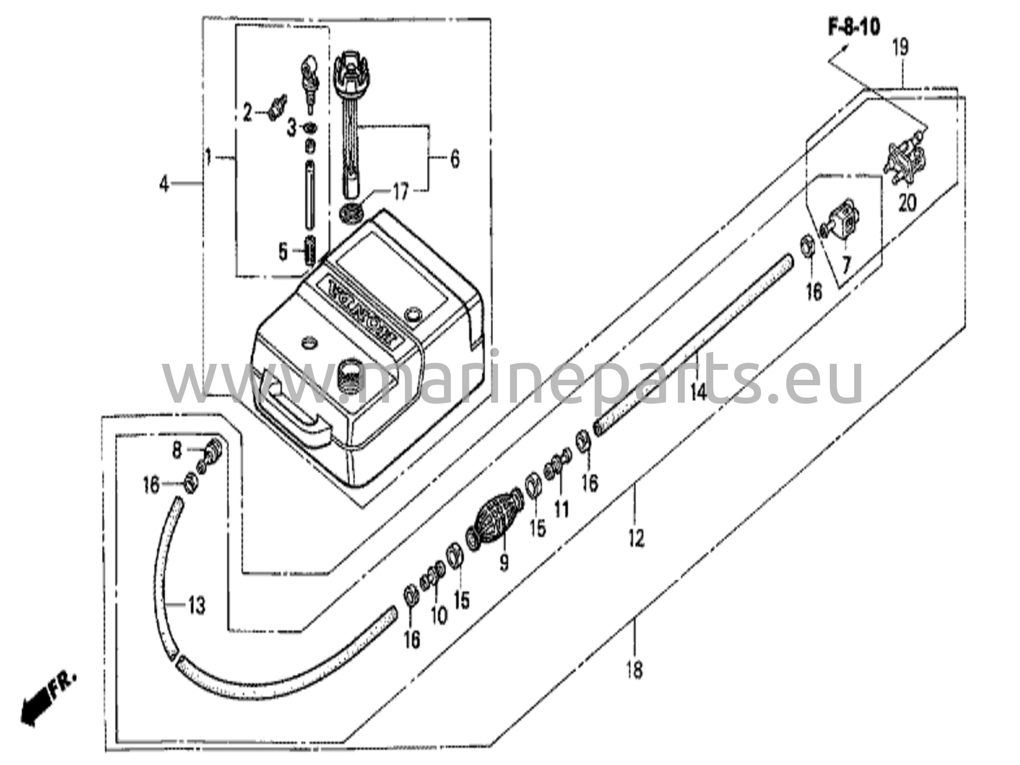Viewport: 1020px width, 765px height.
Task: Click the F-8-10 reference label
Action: [854, 27]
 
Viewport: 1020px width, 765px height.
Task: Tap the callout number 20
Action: [907, 203]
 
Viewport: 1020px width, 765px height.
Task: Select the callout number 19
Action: [900, 47]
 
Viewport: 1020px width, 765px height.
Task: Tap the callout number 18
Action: [635, 669]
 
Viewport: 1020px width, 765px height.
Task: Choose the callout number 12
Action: [636, 538]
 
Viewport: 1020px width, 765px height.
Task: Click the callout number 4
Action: [164, 185]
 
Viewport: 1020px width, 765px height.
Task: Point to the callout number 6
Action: [454, 159]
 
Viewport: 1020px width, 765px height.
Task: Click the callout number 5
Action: [283, 253]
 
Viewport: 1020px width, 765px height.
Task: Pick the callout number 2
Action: [247, 113]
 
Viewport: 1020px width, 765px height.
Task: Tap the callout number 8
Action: [177, 451]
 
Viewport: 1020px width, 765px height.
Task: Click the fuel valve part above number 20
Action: [904, 161]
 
